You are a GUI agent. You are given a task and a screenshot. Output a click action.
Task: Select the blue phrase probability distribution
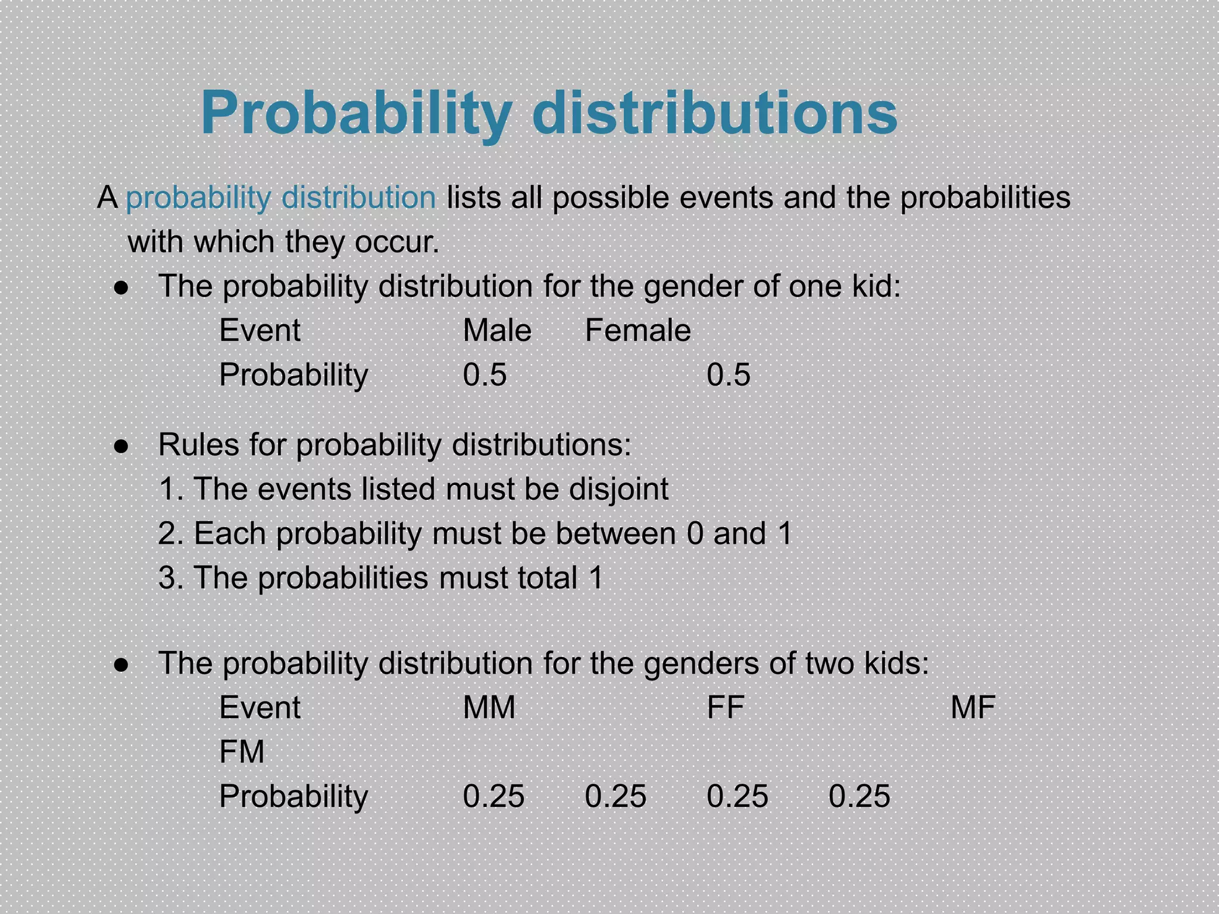point(281,198)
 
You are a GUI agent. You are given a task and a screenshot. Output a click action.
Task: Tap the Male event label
point(497,330)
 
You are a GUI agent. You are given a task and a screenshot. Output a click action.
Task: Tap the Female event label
point(637,330)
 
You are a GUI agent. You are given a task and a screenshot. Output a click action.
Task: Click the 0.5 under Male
point(485,375)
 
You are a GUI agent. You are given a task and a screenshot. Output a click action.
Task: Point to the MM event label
point(489,708)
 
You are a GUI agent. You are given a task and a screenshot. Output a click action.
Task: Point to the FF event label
point(725,708)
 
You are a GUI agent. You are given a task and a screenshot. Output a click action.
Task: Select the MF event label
point(973,708)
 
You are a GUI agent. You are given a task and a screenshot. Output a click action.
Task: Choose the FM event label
point(242,752)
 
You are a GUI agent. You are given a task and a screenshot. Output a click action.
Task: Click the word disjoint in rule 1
point(618,490)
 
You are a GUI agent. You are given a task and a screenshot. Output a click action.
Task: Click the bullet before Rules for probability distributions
point(121,446)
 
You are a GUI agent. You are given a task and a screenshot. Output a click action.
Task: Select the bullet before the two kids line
point(121,665)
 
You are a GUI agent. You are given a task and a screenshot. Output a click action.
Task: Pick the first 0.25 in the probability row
point(493,796)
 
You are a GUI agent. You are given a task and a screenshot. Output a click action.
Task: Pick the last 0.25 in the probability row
point(859,796)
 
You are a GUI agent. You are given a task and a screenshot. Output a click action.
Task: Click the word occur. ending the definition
point(397,242)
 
